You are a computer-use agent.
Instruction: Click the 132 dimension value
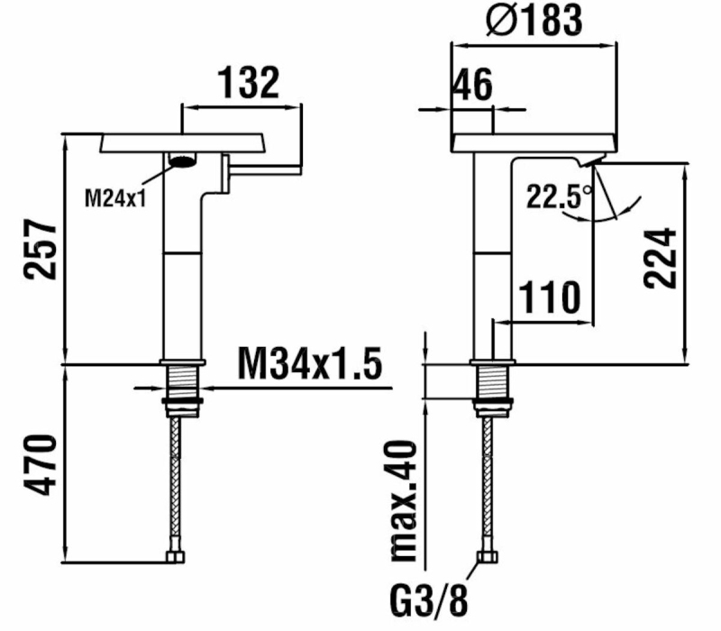(x=250, y=83)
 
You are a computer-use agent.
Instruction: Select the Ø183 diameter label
(x=534, y=20)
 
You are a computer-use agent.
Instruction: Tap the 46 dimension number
(x=470, y=87)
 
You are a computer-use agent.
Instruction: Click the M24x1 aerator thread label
(x=115, y=197)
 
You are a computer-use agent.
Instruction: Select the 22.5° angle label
(x=559, y=196)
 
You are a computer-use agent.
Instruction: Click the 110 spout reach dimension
(x=548, y=297)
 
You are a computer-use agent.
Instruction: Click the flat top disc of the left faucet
(x=184, y=142)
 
